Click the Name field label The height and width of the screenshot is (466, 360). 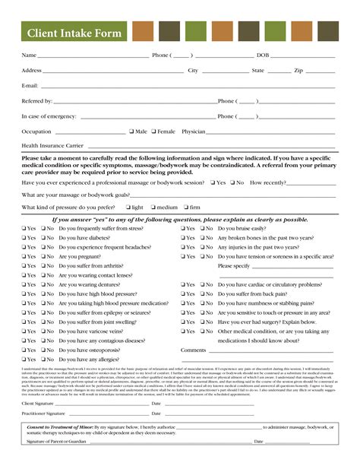coord(29,55)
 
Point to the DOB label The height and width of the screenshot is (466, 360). coord(263,55)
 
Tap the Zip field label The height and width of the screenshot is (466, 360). coord(298,71)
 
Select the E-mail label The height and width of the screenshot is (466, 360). coord(30,86)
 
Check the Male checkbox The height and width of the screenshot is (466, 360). coord(132,132)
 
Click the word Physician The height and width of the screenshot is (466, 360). coord(194,132)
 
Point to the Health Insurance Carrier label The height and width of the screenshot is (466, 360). coord(52,144)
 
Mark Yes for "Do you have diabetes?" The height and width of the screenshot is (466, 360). coord(25,238)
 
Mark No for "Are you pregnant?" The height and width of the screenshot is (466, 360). coord(43,257)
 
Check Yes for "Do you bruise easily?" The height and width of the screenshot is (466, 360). coord(184,228)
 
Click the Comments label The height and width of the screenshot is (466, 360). coord(193,350)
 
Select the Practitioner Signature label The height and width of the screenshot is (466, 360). coord(43,414)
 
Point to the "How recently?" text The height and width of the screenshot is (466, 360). coord(268,182)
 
